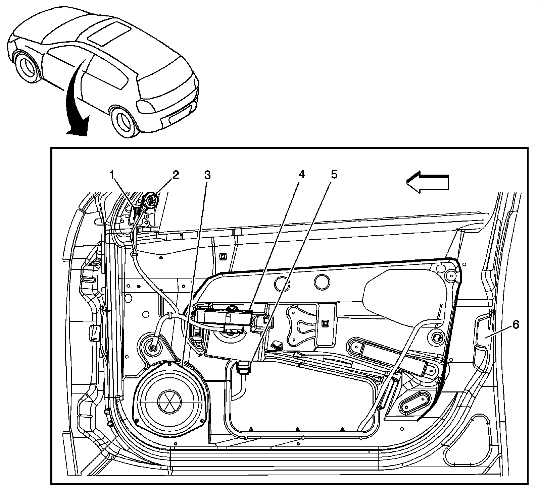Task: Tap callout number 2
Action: pos(176,175)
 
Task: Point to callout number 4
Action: pos(302,175)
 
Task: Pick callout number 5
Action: pos(333,175)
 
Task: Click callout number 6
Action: pos(515,324)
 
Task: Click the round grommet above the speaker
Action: pos(153,348)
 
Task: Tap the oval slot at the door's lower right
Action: pos(414,402)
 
